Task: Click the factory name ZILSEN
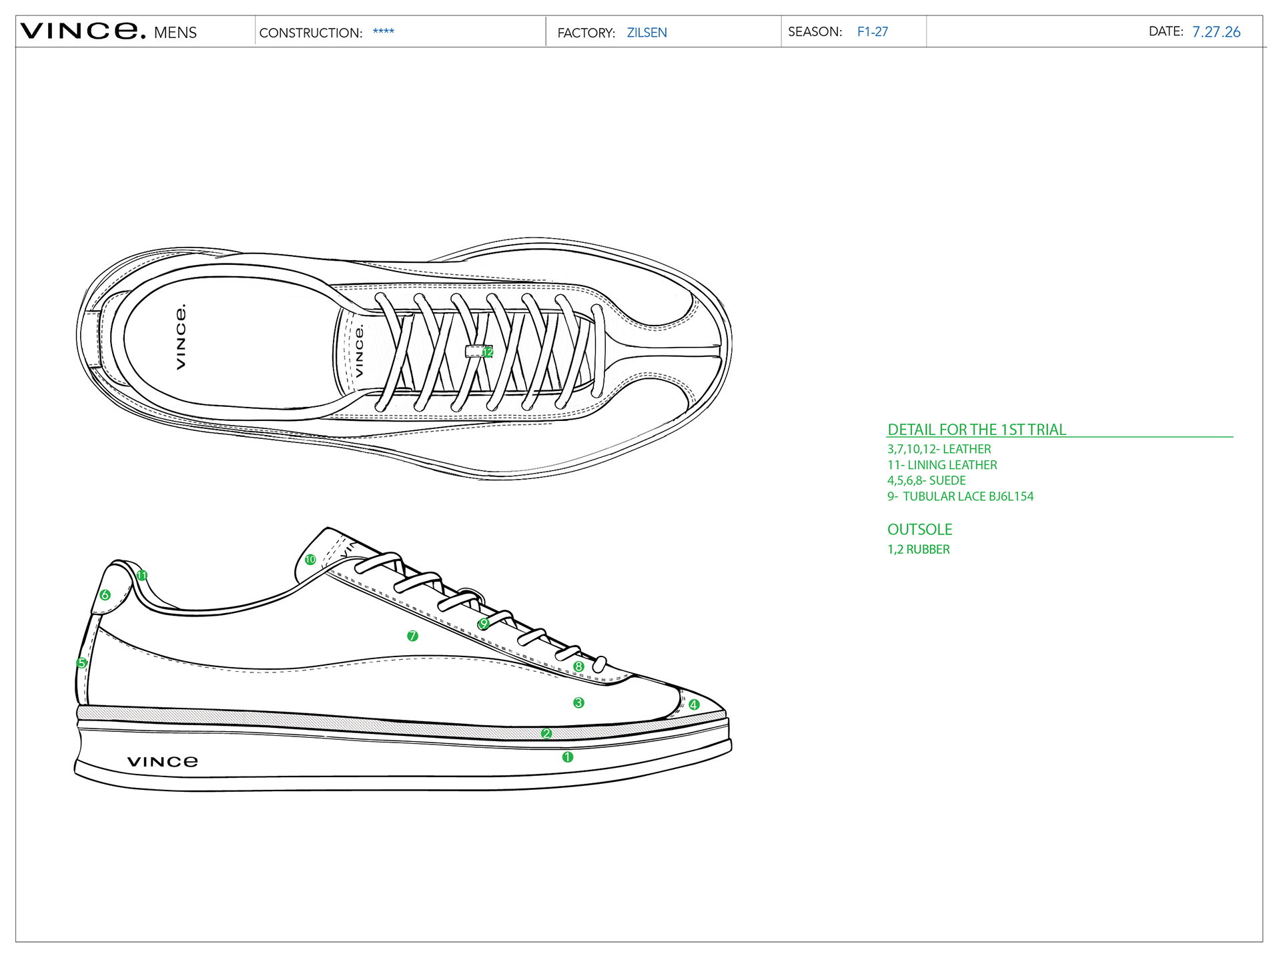tap(647, 33)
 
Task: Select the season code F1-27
tap(873, 32)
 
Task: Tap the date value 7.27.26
tap(1216, 32)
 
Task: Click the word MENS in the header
tap(175, 33)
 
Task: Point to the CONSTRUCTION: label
tap(311, 33)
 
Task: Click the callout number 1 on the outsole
tap(568, 757)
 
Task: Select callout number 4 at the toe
tap(694, 704)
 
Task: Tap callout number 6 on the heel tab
tap(105, 595)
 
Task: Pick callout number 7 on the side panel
tap(412, 636)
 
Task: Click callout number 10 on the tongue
tap(310, 560)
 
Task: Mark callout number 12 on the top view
tap(488, 352)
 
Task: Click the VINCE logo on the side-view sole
tap(163, 762)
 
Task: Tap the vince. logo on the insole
tap(181, 337)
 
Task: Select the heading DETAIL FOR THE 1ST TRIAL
tap(977, 430)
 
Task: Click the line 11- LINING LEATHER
tap(942, 465)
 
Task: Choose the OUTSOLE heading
tap(920, 530)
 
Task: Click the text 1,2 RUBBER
tap(919, 550)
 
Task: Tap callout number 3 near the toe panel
tap(578, 702)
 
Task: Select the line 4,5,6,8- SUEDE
tap(927, 481)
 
